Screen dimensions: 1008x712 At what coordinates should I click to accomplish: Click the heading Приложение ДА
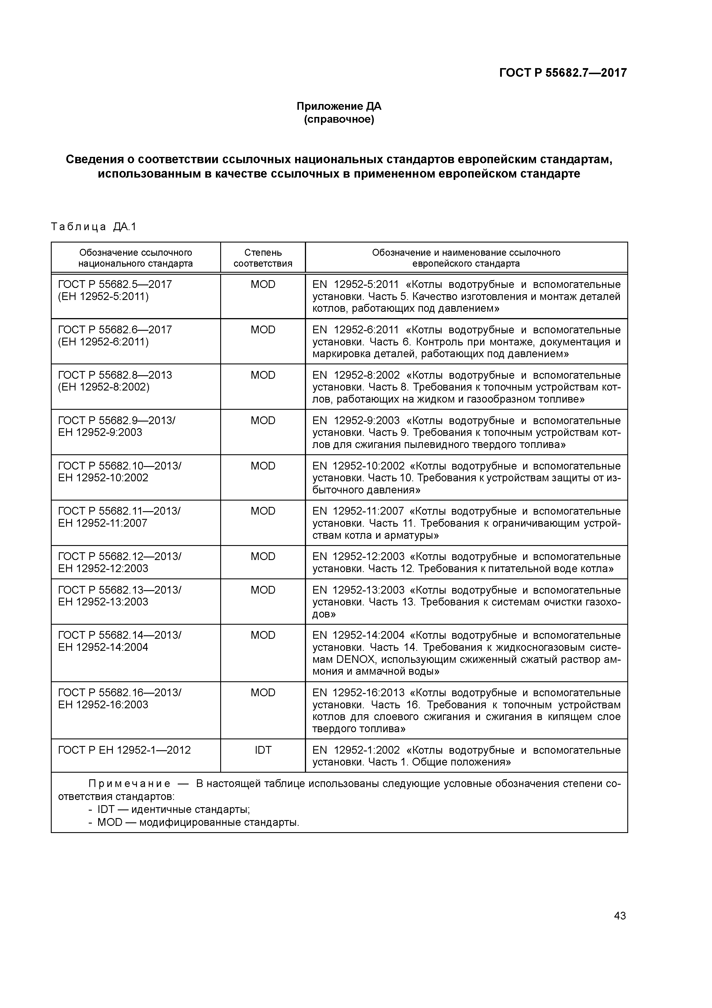coord(339,106)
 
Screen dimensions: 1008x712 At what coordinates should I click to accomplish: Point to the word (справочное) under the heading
coord(339,120)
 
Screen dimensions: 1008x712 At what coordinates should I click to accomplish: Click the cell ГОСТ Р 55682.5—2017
coord(115,284)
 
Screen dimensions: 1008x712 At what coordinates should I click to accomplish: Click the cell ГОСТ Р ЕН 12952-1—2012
coord(125,750)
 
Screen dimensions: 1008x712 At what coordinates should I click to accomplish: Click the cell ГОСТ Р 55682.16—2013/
coord(119,693)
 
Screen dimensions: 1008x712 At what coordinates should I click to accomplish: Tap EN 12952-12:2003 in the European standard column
coord(359,557)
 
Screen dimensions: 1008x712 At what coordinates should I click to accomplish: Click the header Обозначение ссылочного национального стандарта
coord(136,258)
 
